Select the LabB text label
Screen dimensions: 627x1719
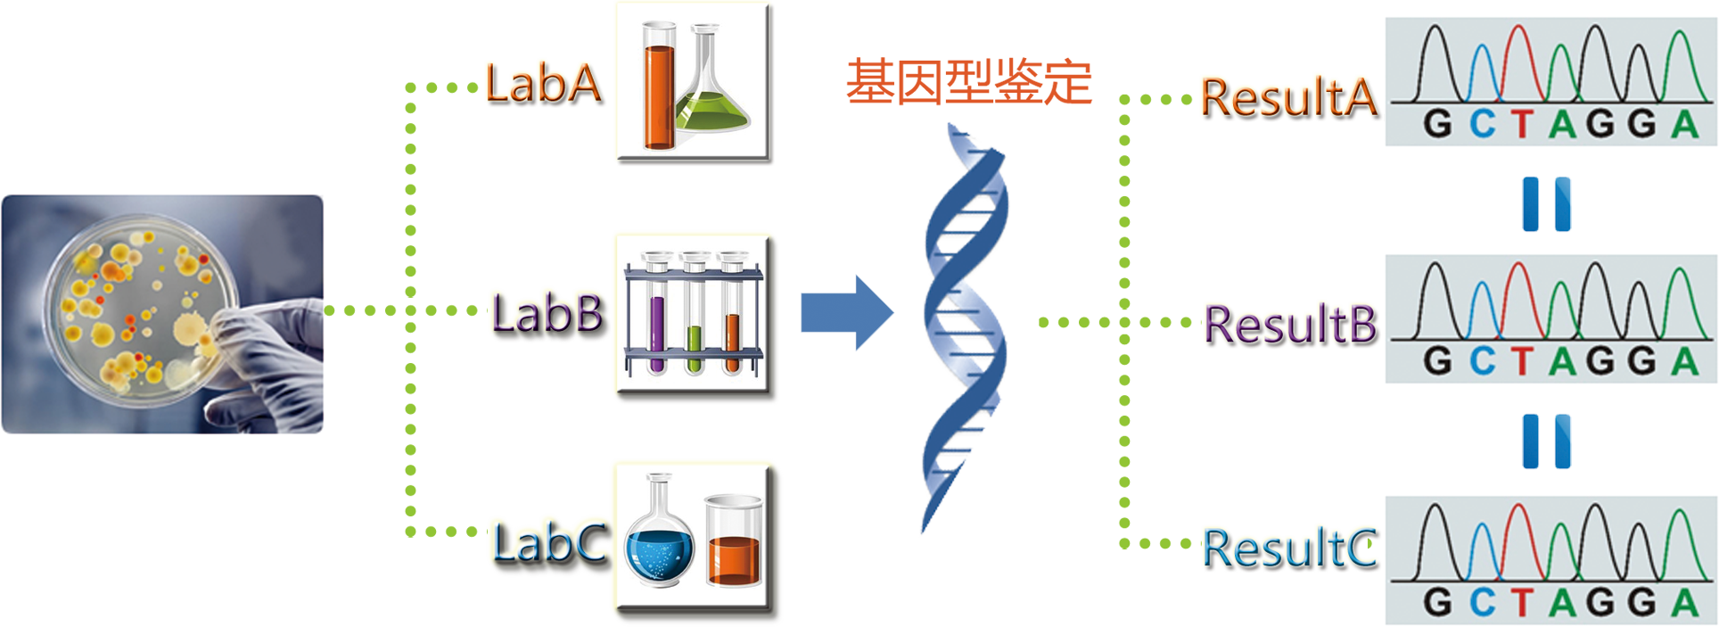click(547, 314)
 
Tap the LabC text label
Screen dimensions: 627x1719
click(550, 543)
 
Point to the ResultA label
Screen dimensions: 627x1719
click(1288, 98)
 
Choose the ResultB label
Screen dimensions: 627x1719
click(1289, 325)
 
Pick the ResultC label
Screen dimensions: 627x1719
click(1290, 549)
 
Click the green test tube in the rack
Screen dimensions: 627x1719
click(695, 348)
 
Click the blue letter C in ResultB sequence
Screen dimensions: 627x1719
click(1482, 361)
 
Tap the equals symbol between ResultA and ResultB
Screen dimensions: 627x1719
click(1546, 202)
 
